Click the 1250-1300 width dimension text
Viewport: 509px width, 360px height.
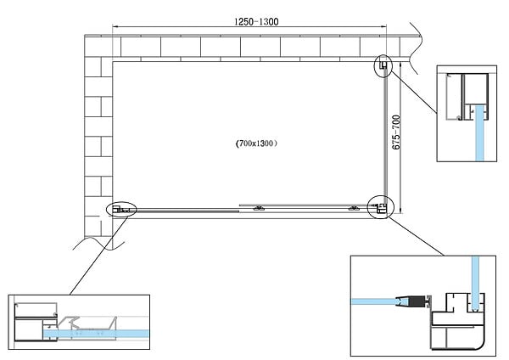[x=256, y=22]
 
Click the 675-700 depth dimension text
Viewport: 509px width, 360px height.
[x=396, y=132]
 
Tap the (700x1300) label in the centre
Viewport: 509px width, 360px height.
[x=256, y=143]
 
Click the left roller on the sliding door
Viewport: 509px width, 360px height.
[x=259, y=208]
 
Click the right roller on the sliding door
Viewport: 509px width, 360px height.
[x=354, y=208]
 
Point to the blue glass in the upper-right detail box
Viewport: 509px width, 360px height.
[x=479, y=133]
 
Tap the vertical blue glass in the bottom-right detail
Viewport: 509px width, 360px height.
[x=475, y=284]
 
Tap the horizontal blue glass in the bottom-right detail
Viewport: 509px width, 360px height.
[x=376, y=301]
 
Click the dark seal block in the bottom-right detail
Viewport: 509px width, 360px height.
[x=417, y=301]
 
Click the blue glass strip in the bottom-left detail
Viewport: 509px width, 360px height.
[x=96, y=334]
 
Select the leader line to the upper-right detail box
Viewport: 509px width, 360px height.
[x=413, y=92]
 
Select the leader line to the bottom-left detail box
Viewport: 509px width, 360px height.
[x=98, y=255]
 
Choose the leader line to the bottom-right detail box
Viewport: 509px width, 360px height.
[x=416, y=236]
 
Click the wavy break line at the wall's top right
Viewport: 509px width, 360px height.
[x=417, y=48]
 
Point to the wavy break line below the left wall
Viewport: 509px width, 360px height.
[x=99, y=244]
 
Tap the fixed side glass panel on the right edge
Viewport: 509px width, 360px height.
[x=385, y=137]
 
